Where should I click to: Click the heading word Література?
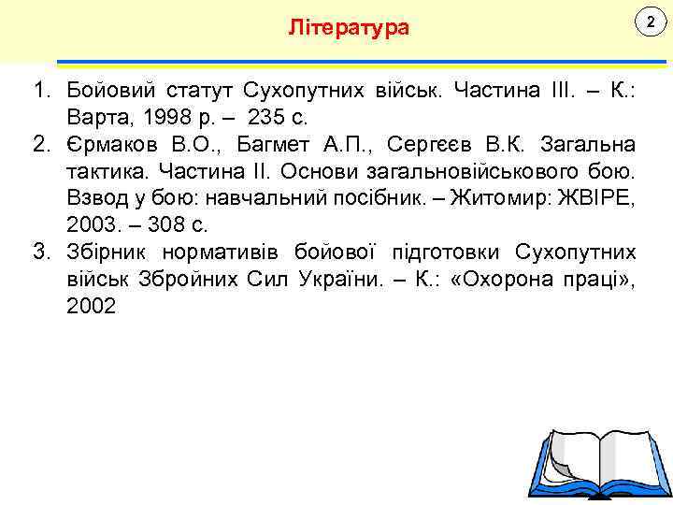[x=349, y=27]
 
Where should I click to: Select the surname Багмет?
[x=273, y=145]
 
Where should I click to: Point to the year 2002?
[x=92, y=306]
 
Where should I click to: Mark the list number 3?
[x=40, y=252]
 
